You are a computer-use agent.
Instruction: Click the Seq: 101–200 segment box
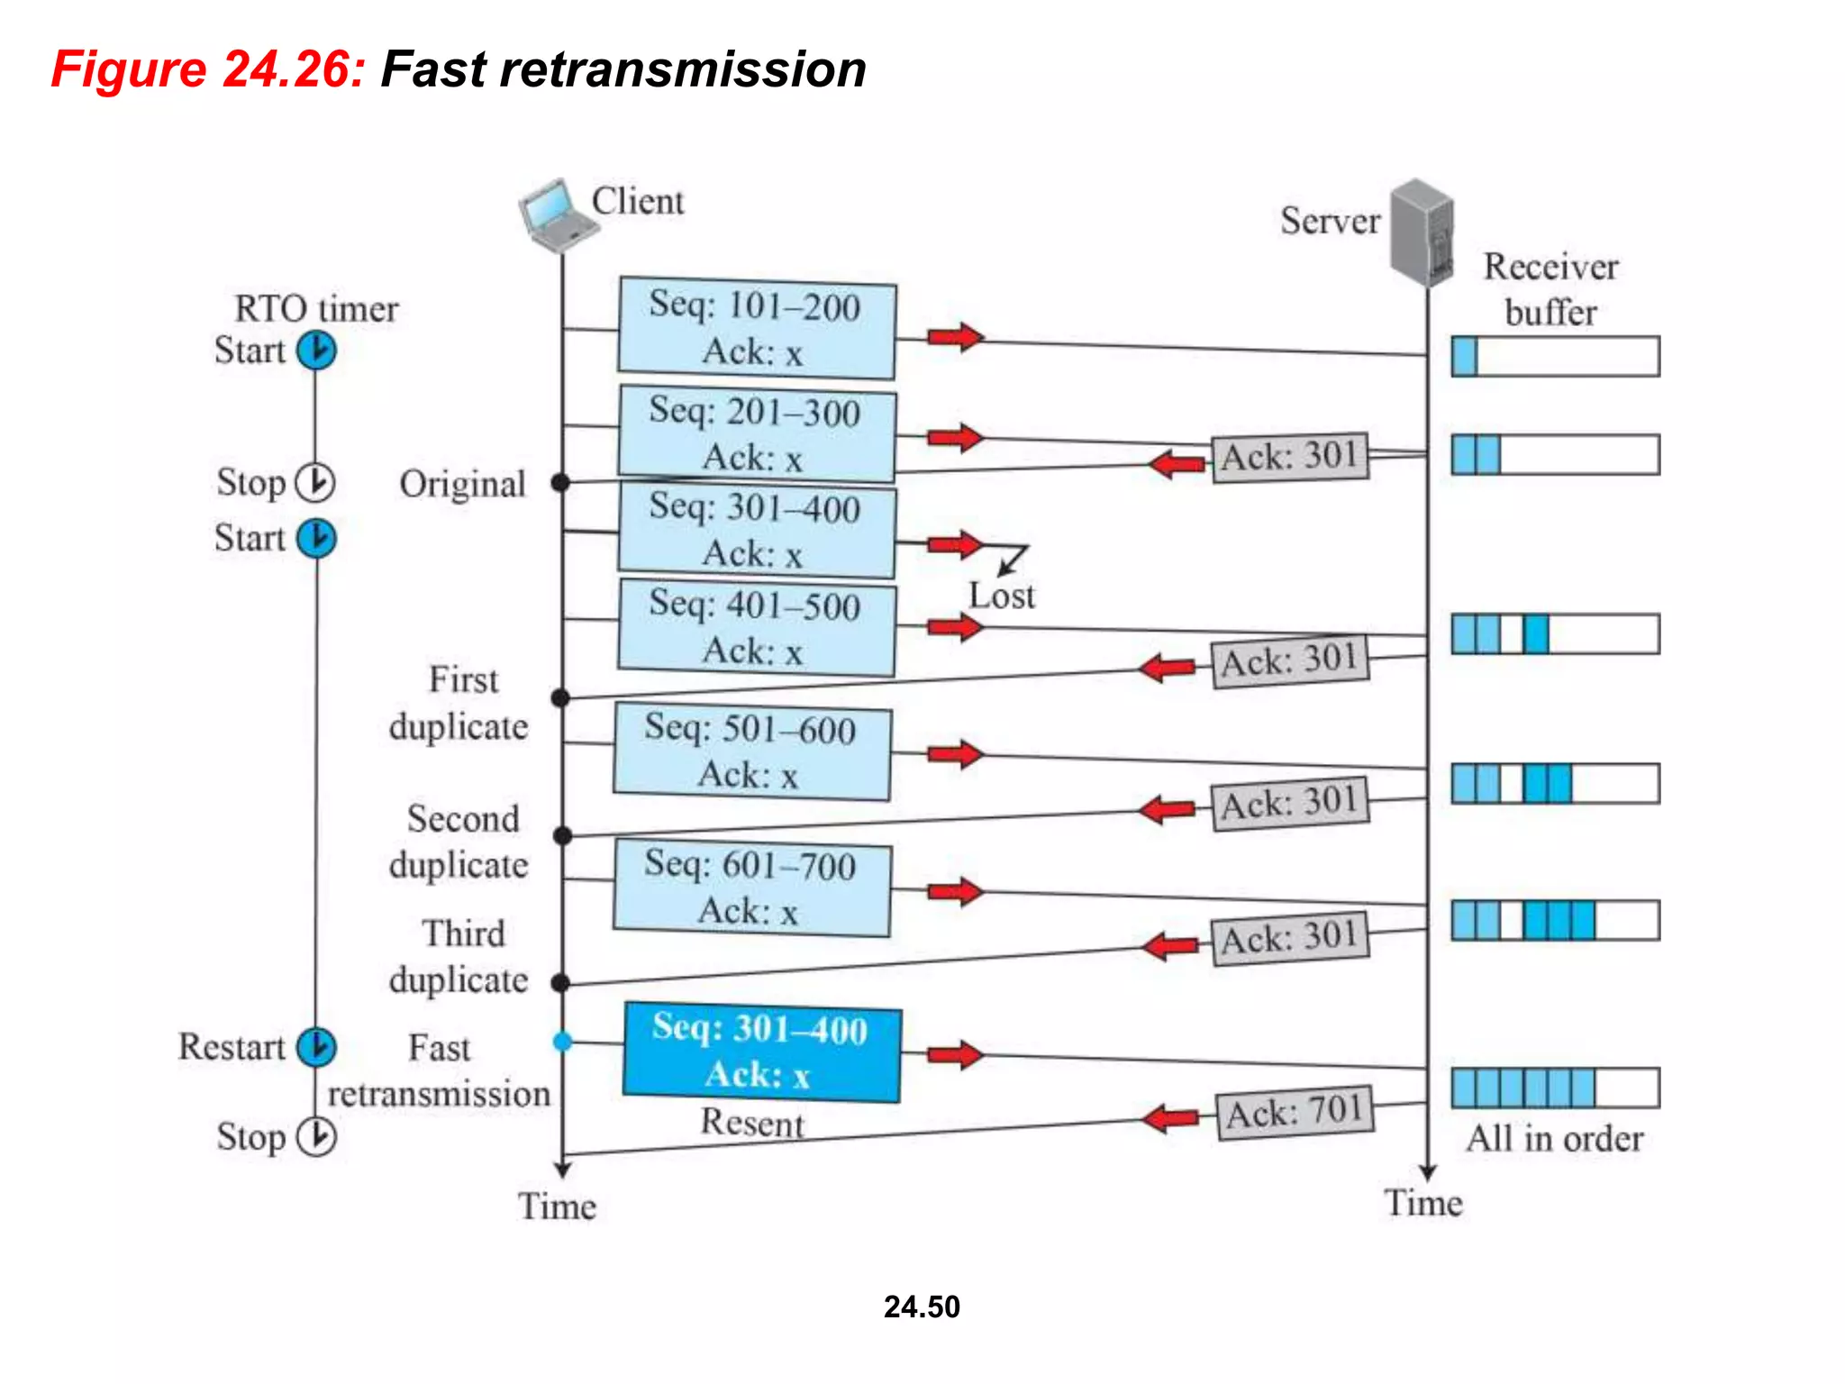757,328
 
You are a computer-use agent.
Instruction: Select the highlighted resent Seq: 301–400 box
762,1052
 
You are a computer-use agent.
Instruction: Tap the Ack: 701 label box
1295,1113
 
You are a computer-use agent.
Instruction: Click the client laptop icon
556,215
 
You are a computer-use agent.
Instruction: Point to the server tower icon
1422,231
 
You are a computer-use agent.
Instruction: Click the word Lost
1001,596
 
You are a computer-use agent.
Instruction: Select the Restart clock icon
316,1047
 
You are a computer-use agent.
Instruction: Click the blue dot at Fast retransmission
562,1042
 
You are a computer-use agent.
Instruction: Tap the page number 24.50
922,1307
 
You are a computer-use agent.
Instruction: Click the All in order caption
1554,1139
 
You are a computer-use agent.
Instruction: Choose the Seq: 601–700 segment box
752,888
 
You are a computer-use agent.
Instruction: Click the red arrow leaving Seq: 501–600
955,754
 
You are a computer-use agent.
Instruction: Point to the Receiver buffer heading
1550,289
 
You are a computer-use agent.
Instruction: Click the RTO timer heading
316,309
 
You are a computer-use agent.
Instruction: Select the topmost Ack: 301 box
1289,457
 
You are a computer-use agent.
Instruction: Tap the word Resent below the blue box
752,1124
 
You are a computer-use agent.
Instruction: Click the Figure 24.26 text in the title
208,69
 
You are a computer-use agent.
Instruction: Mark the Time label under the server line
1423,1204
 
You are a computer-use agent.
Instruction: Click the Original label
462,485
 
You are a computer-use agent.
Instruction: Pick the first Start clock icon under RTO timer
316,351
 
